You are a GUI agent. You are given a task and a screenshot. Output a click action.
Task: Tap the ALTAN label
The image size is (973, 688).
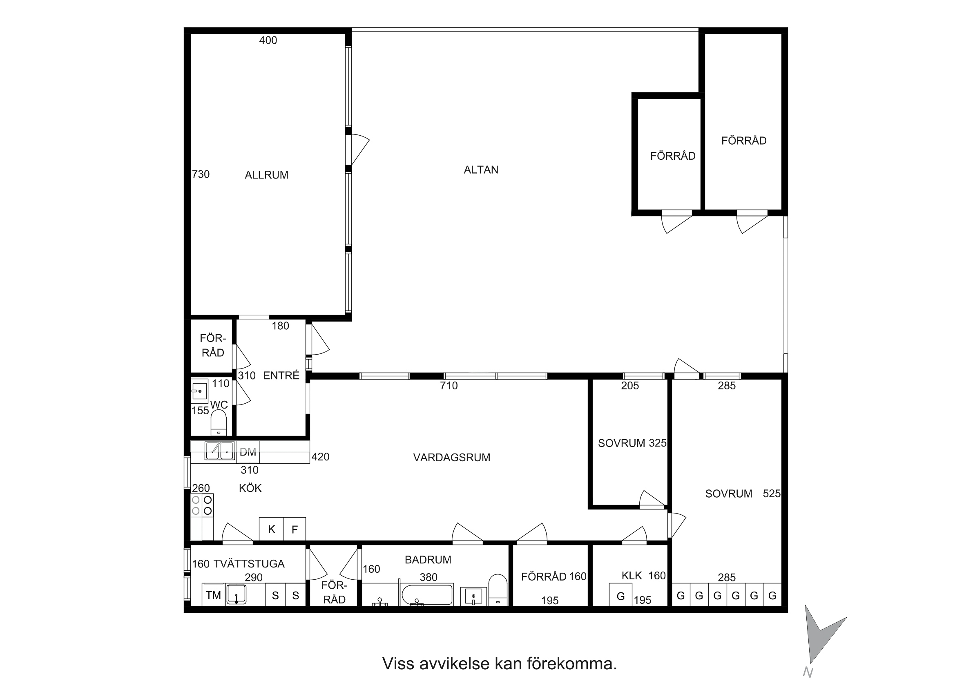[x=481, y=170]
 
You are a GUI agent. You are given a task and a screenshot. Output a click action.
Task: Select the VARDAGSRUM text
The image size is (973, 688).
[x=452, y=458]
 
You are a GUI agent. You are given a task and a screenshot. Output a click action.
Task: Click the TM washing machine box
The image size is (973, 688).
[x=213, y=595]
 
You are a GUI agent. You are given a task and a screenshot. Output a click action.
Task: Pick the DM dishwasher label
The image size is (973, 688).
[x=248, y=452]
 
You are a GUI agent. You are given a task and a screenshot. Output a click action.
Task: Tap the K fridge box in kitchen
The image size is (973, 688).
[x=271, y=529]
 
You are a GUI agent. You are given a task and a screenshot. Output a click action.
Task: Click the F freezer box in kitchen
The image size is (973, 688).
[x=295, y=529]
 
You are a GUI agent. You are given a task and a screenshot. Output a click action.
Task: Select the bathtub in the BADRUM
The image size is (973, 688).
[x=427, y=595]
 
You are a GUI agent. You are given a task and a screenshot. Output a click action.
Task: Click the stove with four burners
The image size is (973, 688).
[x=202, y=505]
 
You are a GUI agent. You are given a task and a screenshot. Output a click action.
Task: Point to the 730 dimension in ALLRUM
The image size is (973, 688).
[x=201, y=174]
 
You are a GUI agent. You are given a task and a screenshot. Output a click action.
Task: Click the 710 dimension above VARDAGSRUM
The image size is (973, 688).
[x=449, y=385]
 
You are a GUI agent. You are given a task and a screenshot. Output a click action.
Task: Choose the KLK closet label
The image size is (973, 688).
[x=632, y=575]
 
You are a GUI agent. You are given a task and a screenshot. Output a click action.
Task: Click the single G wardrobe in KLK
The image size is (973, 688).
[x=620, y=595]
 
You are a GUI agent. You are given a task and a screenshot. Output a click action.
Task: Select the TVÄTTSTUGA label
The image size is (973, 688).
[x=249, y=564]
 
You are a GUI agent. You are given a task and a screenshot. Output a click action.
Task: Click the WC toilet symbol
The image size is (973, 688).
[x=219, y=422]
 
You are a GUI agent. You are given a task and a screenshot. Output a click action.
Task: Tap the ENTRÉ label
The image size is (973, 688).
[x=281, y=375]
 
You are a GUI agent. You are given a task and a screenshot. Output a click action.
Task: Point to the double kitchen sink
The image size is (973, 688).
[x=219, y=451]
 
